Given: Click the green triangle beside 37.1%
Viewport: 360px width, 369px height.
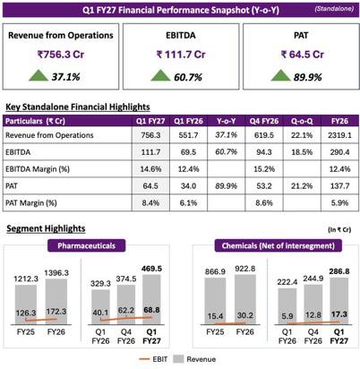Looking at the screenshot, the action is (39, 75).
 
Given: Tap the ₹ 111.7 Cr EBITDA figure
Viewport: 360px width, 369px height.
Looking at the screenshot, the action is (181, 55).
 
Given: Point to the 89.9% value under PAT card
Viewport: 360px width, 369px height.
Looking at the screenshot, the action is (307, 77).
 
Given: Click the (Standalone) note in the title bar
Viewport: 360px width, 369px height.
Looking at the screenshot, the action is (334, 9).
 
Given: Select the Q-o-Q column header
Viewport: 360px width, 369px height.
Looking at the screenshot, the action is (302, 121).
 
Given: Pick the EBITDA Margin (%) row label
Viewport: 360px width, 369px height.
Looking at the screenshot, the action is (38, 169).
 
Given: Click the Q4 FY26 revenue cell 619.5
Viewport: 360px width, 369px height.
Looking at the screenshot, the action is (264, 135).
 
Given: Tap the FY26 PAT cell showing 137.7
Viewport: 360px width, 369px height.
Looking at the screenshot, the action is (339, 186).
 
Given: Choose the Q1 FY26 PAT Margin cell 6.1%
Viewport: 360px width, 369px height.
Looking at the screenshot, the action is (188, 203).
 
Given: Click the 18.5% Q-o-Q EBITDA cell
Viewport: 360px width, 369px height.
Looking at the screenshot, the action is (302, 152).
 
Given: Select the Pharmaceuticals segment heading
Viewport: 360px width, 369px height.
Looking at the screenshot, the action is (86, 245).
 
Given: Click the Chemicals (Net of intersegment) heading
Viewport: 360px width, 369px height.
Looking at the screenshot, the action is (278, 245).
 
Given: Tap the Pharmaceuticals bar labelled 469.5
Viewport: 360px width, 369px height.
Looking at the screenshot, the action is (151, 299).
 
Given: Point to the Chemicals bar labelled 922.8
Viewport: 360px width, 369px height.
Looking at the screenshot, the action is (245, 299).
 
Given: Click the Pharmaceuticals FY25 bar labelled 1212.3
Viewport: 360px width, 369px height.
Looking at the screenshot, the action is (26, 305).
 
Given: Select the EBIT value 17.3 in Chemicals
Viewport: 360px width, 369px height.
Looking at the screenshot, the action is (339, 314).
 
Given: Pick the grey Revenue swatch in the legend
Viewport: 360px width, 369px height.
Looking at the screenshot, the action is (178, 359).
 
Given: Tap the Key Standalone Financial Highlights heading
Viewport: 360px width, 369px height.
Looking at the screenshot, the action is (78, 107).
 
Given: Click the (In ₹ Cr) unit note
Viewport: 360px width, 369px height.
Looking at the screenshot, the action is (339, 229).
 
